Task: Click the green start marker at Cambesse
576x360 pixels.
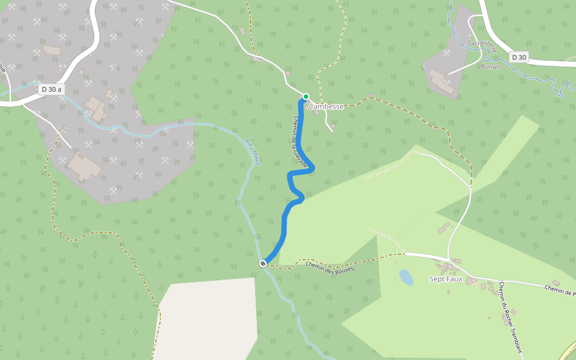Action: point(305,97)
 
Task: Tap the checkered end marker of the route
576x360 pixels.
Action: point(263,263)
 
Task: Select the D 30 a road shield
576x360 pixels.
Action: point(51,89)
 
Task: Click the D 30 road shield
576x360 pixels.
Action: point(519,57)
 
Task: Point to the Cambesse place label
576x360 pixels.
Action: point(326,107)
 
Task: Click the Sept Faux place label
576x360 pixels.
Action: point(446,279)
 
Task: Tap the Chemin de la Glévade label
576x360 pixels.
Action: point(301,141)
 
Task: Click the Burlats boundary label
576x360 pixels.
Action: point(491,67)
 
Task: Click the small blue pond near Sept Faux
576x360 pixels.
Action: point(406,277)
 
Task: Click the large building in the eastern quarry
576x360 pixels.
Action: point(441,81)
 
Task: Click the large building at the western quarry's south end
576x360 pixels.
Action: point(83,166)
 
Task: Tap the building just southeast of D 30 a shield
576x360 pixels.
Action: point(96,107)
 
